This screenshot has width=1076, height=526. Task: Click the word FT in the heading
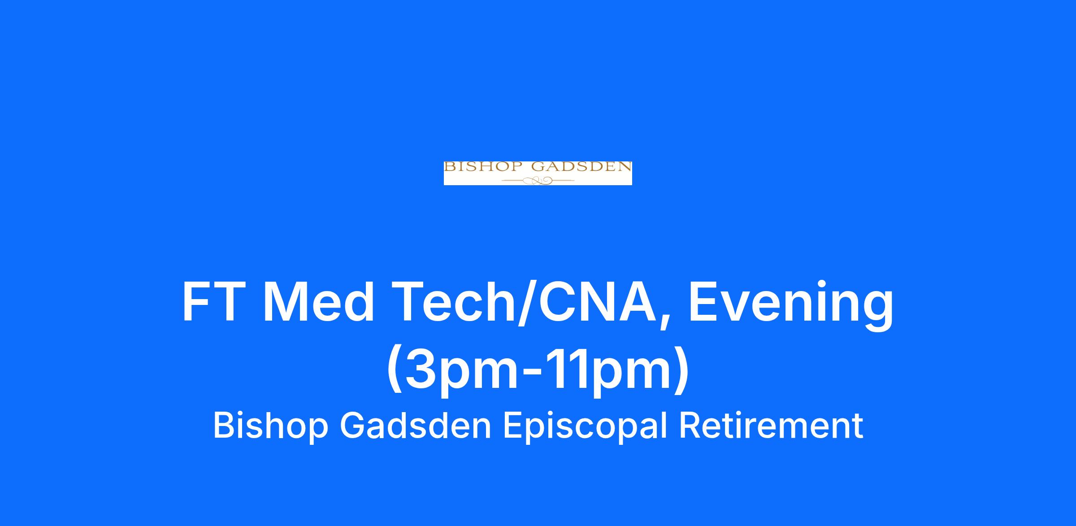(x=212, y=302)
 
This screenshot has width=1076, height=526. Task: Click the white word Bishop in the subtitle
(x=271, y=426)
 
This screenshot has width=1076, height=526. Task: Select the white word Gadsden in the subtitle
(x=416, y=426)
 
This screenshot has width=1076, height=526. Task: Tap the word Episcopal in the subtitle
(x=585, y=426)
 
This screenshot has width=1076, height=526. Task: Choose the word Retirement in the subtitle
(x=771, y=426)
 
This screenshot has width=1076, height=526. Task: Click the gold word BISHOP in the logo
(x=483, y=167)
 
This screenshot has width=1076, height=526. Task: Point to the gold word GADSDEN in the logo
(x=581, y=167)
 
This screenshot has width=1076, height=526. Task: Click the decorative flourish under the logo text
(x=538, y=181)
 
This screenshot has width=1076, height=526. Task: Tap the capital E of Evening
(x=703, y=302)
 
